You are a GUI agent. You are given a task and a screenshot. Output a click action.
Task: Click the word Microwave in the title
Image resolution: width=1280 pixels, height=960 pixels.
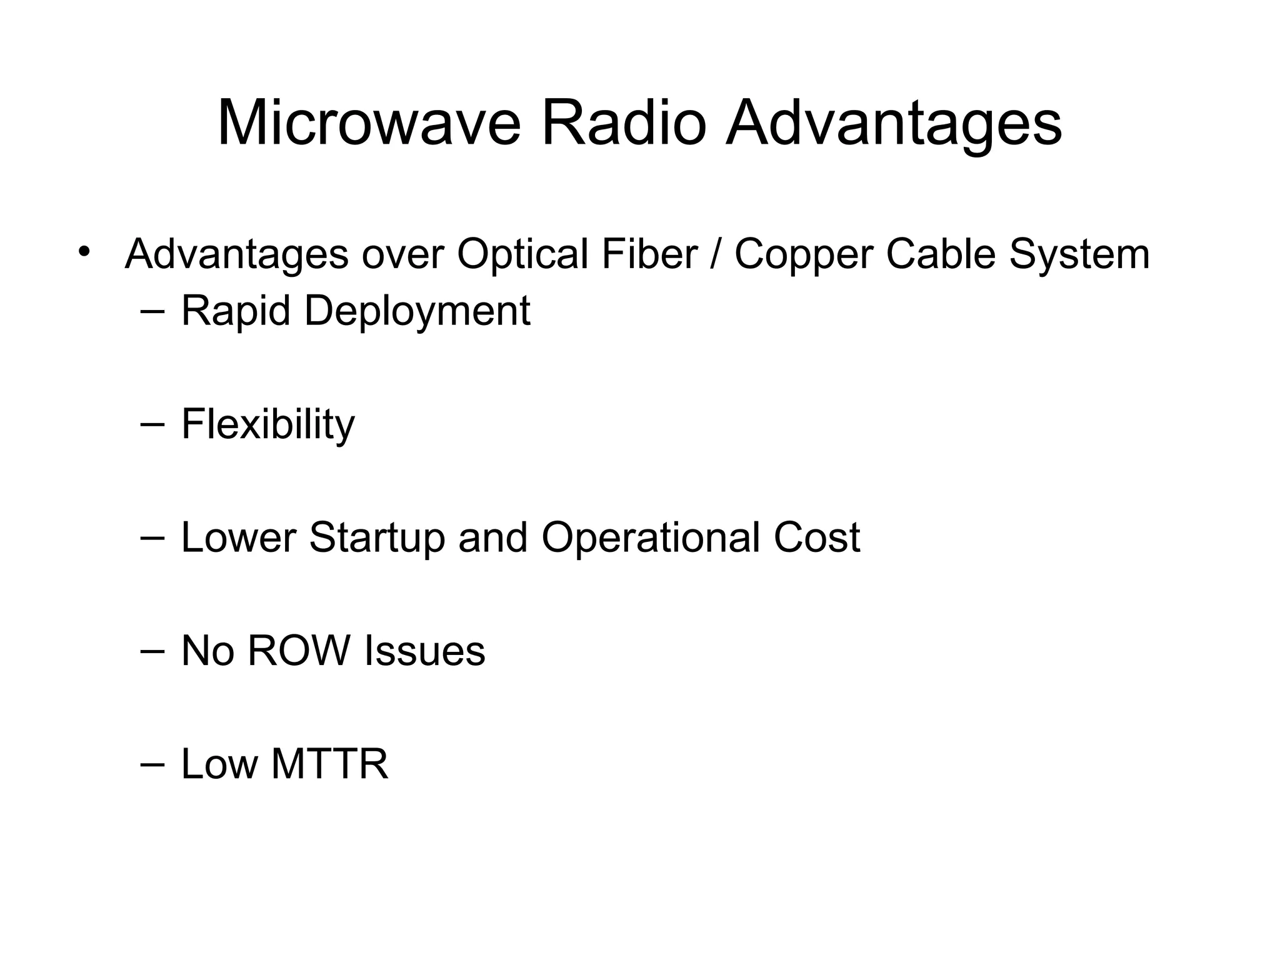[x=369, y=124]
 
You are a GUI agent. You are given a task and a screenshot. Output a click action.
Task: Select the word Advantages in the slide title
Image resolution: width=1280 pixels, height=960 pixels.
[x=894, y=124]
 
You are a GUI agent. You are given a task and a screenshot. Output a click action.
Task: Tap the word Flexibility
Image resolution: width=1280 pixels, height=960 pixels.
[x=268, y=424]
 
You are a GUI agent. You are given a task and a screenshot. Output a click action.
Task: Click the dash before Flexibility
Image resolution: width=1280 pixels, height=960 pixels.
[x=153, y=424]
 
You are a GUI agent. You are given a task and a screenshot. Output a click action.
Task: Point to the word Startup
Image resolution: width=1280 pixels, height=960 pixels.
[x=377, y=538]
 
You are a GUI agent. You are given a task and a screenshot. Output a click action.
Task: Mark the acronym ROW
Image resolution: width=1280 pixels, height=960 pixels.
[x=299, y=651]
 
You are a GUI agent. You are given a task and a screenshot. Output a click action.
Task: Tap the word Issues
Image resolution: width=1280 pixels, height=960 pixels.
[x=424, y=651]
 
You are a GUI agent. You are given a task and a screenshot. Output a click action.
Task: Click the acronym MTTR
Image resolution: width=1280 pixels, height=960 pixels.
[x=329, y=764]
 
